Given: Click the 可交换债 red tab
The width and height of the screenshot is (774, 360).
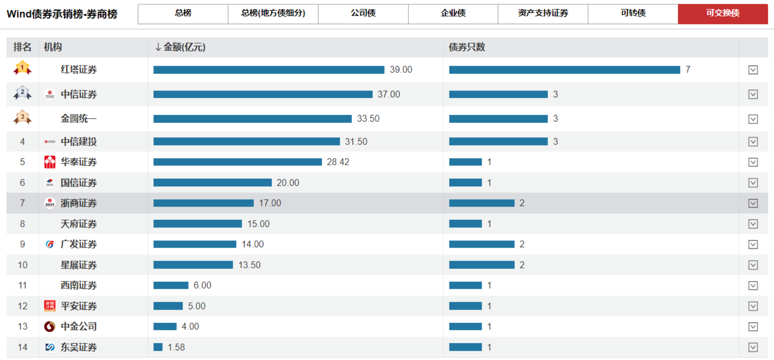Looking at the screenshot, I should tap(722, 14).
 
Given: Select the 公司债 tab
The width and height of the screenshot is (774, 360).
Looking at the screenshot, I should tap(363, 14).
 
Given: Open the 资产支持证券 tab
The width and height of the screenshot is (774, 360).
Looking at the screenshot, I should tap(543, 14).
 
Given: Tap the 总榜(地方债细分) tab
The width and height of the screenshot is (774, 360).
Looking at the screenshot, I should tap(273, 14).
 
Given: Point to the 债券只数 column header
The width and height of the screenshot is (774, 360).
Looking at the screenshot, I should tap(467, 47).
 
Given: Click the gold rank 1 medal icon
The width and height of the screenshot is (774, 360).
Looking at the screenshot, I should tap(22, 68).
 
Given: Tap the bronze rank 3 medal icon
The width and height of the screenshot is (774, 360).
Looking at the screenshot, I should tap(22, 117).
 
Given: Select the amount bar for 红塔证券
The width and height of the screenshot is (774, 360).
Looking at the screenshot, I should tap(269, 70).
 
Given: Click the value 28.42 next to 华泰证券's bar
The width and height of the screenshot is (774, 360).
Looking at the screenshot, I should tap(338, 162).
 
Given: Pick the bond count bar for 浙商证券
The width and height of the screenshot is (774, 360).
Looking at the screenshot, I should tap(482, 203).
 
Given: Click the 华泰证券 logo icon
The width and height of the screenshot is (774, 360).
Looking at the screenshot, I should tap(50, 162).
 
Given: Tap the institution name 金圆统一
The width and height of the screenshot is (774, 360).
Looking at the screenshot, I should tap(79, 119).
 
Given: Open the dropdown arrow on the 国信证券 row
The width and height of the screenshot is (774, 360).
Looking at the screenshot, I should tap(753, 183).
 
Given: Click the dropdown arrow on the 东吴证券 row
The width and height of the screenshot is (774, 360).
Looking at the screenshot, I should tap(753, 347).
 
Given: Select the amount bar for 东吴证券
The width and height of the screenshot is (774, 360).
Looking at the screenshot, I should tap(158, 347).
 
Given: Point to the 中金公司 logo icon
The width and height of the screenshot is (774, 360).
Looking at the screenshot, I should tap(50, 327).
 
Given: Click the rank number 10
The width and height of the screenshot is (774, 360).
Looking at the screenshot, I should tap(22, 265).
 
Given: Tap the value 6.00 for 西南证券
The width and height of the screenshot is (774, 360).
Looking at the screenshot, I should tap(202, 286).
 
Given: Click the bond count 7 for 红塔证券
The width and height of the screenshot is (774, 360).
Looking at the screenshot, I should tap(688, 70).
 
